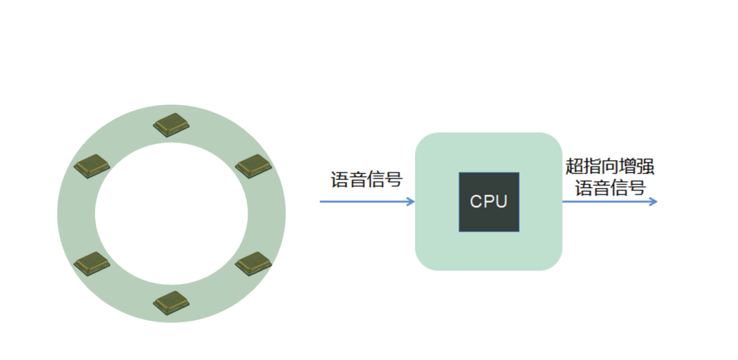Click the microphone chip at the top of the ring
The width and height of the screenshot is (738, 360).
click(x=171, y=125)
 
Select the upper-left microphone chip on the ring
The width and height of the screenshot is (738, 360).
click(x=92, y=166)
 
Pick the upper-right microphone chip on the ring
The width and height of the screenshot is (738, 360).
click(x=254, y=166)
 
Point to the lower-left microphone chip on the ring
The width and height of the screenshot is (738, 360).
click(x=92, y=263)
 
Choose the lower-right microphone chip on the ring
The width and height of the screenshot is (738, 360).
click(x=254, y=263)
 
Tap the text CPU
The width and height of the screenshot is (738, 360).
click(x=489, y=201)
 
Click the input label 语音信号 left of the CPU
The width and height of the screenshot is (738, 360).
click(x=366, y=179)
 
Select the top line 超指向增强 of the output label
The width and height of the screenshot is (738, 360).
click(x=610, y=167)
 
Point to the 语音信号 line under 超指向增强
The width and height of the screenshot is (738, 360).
click(x=610, y=188)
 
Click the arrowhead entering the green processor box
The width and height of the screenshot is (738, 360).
click(x=411, y=201)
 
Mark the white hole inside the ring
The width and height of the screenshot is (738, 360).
click(x=171, y=214)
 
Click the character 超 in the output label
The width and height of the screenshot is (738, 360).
click(x=575, y=167)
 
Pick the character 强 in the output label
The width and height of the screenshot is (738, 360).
click(x=646, y=167)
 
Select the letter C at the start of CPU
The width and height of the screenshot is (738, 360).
click(x=476, y=201)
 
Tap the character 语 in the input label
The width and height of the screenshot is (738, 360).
click(x=340, y=179)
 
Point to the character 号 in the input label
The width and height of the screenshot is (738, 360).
click(x=394, y=179)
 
